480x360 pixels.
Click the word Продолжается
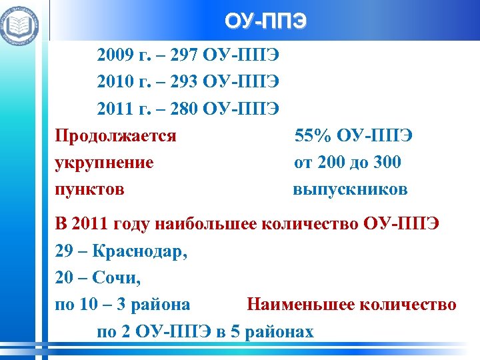coord(115,136)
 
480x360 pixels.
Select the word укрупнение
coord(104,163)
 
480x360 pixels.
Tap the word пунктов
coord(89,189)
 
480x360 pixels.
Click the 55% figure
coord(312,136)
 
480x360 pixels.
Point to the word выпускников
coord(350,189)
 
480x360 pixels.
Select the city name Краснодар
coord(139,251)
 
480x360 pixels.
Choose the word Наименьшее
coord(304,305)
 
